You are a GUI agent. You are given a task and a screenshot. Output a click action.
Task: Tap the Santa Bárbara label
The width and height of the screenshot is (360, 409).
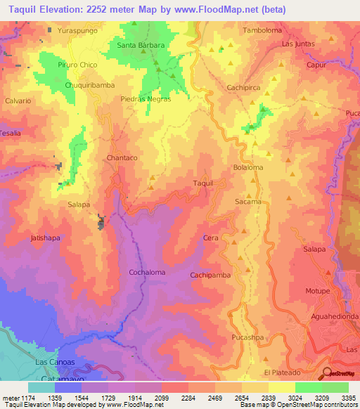tap(141, 46)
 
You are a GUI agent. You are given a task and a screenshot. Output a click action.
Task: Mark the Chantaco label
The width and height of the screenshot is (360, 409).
tap(121, 158)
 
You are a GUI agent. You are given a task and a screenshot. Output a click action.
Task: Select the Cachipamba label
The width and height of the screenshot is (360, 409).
tap(210, 275)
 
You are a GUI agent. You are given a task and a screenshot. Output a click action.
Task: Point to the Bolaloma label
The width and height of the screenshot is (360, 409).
tap(247, 168)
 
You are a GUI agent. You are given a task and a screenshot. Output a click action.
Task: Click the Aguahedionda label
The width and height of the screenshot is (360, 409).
tap(335, 317)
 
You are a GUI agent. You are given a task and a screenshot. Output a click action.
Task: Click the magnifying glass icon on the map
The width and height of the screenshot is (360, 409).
tap(326, 372)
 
